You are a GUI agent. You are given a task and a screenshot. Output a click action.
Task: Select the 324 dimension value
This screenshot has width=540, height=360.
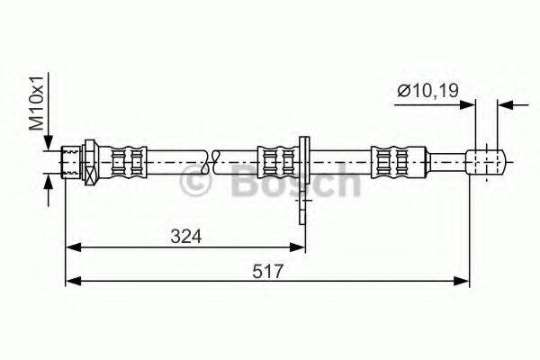point(185,236)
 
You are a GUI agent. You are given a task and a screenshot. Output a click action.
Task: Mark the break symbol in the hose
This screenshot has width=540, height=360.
point(212,163)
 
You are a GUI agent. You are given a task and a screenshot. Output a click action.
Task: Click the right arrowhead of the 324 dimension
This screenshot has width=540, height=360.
point(300,246)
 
